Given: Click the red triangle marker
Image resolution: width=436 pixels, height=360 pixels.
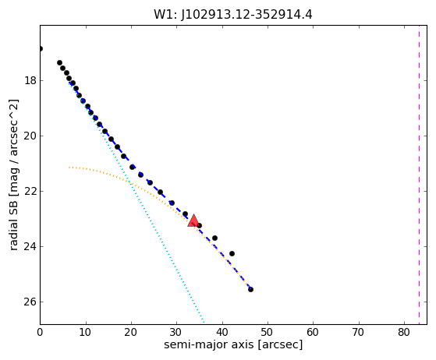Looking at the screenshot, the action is (193, 221).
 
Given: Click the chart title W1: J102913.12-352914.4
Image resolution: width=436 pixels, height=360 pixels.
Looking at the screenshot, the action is (233, 15).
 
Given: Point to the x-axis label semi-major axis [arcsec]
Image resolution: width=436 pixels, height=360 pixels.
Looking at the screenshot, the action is (233, 344).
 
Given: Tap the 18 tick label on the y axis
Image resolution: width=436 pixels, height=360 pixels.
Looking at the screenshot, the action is (30, 80).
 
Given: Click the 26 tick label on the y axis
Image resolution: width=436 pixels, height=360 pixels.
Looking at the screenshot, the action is (30, 302).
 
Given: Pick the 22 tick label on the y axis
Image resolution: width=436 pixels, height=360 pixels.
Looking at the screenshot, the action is (30, 191).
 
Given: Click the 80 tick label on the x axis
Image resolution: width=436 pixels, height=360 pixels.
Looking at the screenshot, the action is (404, 332).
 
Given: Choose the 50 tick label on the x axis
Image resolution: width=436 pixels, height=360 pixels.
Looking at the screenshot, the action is (268, 332).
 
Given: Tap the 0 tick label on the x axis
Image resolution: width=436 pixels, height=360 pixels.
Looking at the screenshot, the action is (40, 332).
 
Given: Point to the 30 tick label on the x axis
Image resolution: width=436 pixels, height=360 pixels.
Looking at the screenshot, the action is (177, 332).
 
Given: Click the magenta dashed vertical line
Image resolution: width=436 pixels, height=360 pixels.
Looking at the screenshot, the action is (419, 175).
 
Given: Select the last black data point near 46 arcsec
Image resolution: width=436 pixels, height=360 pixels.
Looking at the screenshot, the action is (250, 289).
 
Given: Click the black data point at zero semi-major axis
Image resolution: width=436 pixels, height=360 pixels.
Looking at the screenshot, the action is (41, 49).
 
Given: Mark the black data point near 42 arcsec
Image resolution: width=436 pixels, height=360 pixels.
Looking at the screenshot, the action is (232, 253).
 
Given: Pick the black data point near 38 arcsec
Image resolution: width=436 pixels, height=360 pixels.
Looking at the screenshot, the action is (214, 238).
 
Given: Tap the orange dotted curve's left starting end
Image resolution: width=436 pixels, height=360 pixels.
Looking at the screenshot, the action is (69, 168).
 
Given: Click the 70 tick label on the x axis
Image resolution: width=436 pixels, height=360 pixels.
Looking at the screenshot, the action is (359, 332).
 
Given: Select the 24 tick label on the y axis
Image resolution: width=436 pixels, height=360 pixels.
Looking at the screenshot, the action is (30, 246).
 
